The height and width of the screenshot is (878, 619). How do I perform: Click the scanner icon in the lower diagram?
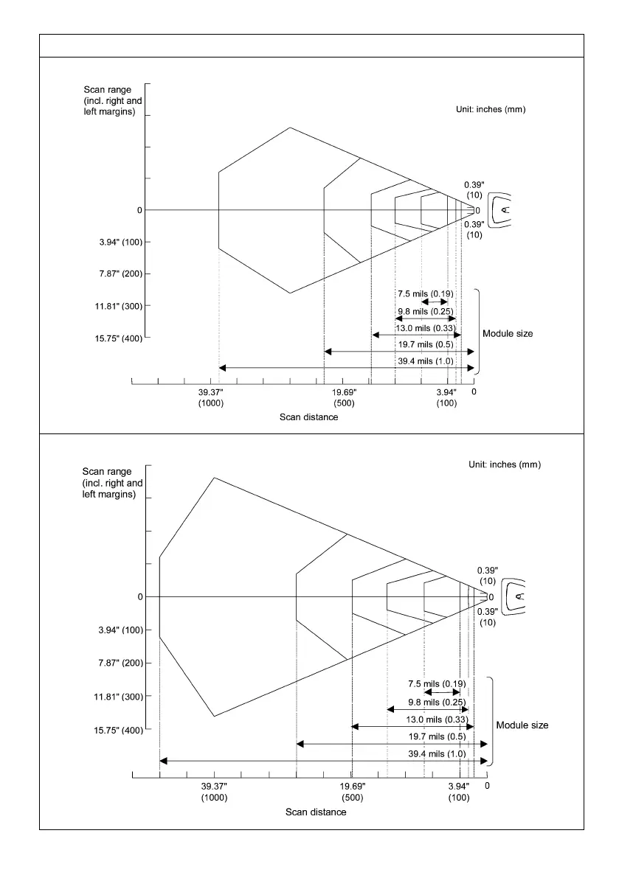coord(513,596)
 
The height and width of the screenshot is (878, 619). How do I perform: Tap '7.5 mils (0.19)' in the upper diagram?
coord(425,294)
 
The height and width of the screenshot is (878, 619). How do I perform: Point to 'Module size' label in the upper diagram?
coord(508,334)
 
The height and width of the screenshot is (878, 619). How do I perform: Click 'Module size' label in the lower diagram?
coord(522,725)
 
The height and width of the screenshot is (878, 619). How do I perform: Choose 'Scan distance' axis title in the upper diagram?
coord(308,417)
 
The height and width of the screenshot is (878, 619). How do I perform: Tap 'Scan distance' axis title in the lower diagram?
coord(316,812)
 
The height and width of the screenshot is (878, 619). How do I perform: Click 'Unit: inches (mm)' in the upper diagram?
coord(491,109)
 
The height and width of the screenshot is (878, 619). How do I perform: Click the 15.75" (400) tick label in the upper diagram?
coord(113,338)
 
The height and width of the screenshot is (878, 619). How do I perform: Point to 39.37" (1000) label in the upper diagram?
coord(211,398)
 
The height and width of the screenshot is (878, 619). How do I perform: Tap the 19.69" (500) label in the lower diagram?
coord(353,792)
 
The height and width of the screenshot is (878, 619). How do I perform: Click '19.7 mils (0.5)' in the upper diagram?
coord(426,344)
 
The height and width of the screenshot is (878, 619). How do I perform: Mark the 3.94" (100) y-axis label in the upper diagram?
coord(116,243)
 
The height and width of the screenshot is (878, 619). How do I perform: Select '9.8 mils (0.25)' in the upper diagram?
coord(425,310)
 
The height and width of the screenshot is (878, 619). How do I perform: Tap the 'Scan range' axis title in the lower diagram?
coord(112,483)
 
